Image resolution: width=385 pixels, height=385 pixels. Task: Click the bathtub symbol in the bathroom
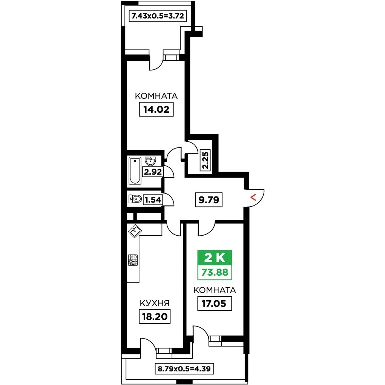(135, 171)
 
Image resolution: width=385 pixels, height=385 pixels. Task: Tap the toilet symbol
(135, 199)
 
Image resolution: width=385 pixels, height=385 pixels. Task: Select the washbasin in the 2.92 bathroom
(150, 161)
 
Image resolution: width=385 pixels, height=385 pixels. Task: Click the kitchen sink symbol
(135, 231)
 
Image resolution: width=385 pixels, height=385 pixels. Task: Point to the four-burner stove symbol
(133, 260)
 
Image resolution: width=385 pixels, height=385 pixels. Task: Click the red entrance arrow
(253, 197)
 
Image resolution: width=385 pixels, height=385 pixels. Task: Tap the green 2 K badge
(215, 258)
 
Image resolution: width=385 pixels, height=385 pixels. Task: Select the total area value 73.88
(215, 272)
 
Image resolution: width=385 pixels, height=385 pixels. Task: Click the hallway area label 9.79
(209, 199)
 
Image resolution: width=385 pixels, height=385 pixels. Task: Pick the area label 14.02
(156, 109)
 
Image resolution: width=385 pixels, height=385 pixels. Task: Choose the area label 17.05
(214, 304)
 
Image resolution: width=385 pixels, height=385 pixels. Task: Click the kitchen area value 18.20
(155, 316)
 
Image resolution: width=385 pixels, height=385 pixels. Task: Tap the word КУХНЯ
(155, 304)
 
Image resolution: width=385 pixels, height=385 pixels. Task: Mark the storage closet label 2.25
(206, 160)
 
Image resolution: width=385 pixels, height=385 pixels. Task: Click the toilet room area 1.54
(153, 200)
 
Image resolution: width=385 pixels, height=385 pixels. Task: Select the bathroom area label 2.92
(153, 172)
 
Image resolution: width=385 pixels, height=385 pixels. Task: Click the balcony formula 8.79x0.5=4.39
(184, 369)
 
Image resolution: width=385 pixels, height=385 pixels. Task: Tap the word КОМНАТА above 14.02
(156, 96)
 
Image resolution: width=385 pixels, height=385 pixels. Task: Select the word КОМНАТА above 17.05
(215, 290)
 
